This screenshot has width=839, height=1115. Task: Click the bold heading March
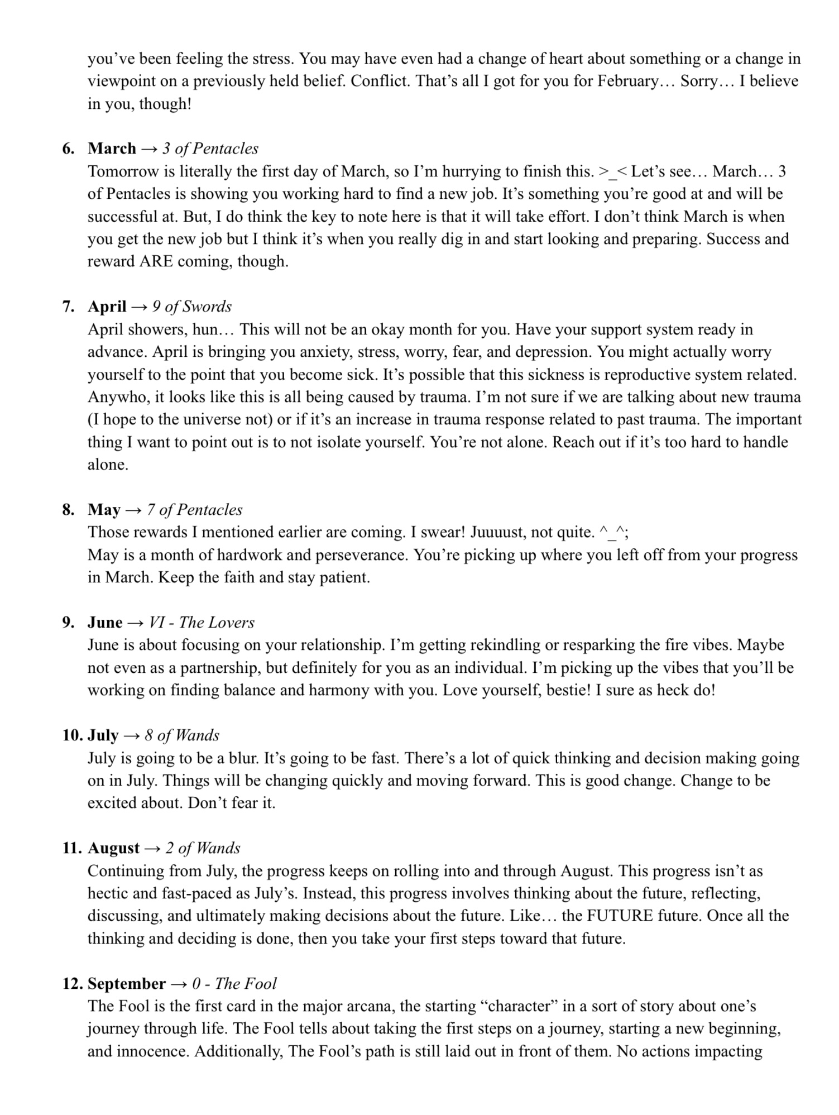[x=112, y=149]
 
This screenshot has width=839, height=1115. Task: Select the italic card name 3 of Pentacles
[x=210, y=149]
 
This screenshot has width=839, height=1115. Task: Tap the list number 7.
[x=68, y=307]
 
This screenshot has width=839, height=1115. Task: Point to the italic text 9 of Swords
[x=191, y=307]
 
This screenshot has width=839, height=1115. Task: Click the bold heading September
[x=127, y=984]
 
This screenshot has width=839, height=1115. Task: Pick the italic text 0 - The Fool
[x=234, y=984]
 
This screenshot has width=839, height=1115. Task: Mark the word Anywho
[x=116, y=397]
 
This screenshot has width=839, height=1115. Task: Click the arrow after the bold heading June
[x=136, y=623]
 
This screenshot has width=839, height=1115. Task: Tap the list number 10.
[x=73, y=735]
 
